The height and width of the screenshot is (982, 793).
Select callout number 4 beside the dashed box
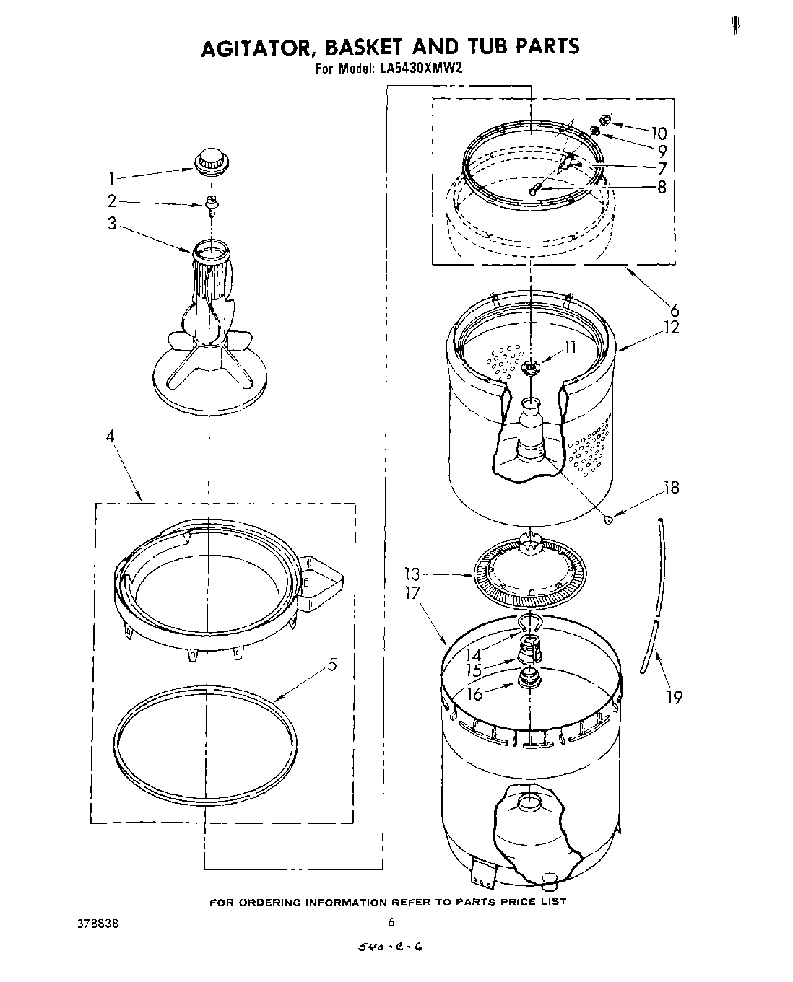click(113, 437)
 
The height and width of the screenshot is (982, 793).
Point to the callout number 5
click(331, 665)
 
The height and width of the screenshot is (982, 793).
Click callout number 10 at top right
click(658, 133)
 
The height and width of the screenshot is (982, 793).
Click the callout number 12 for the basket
click(672, 327)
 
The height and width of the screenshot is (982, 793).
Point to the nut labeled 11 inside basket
click(530, 367)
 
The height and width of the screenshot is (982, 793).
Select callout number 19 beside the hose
click(673, 697)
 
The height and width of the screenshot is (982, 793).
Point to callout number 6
click(674, 310)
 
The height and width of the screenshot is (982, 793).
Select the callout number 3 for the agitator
click(112, 224)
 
